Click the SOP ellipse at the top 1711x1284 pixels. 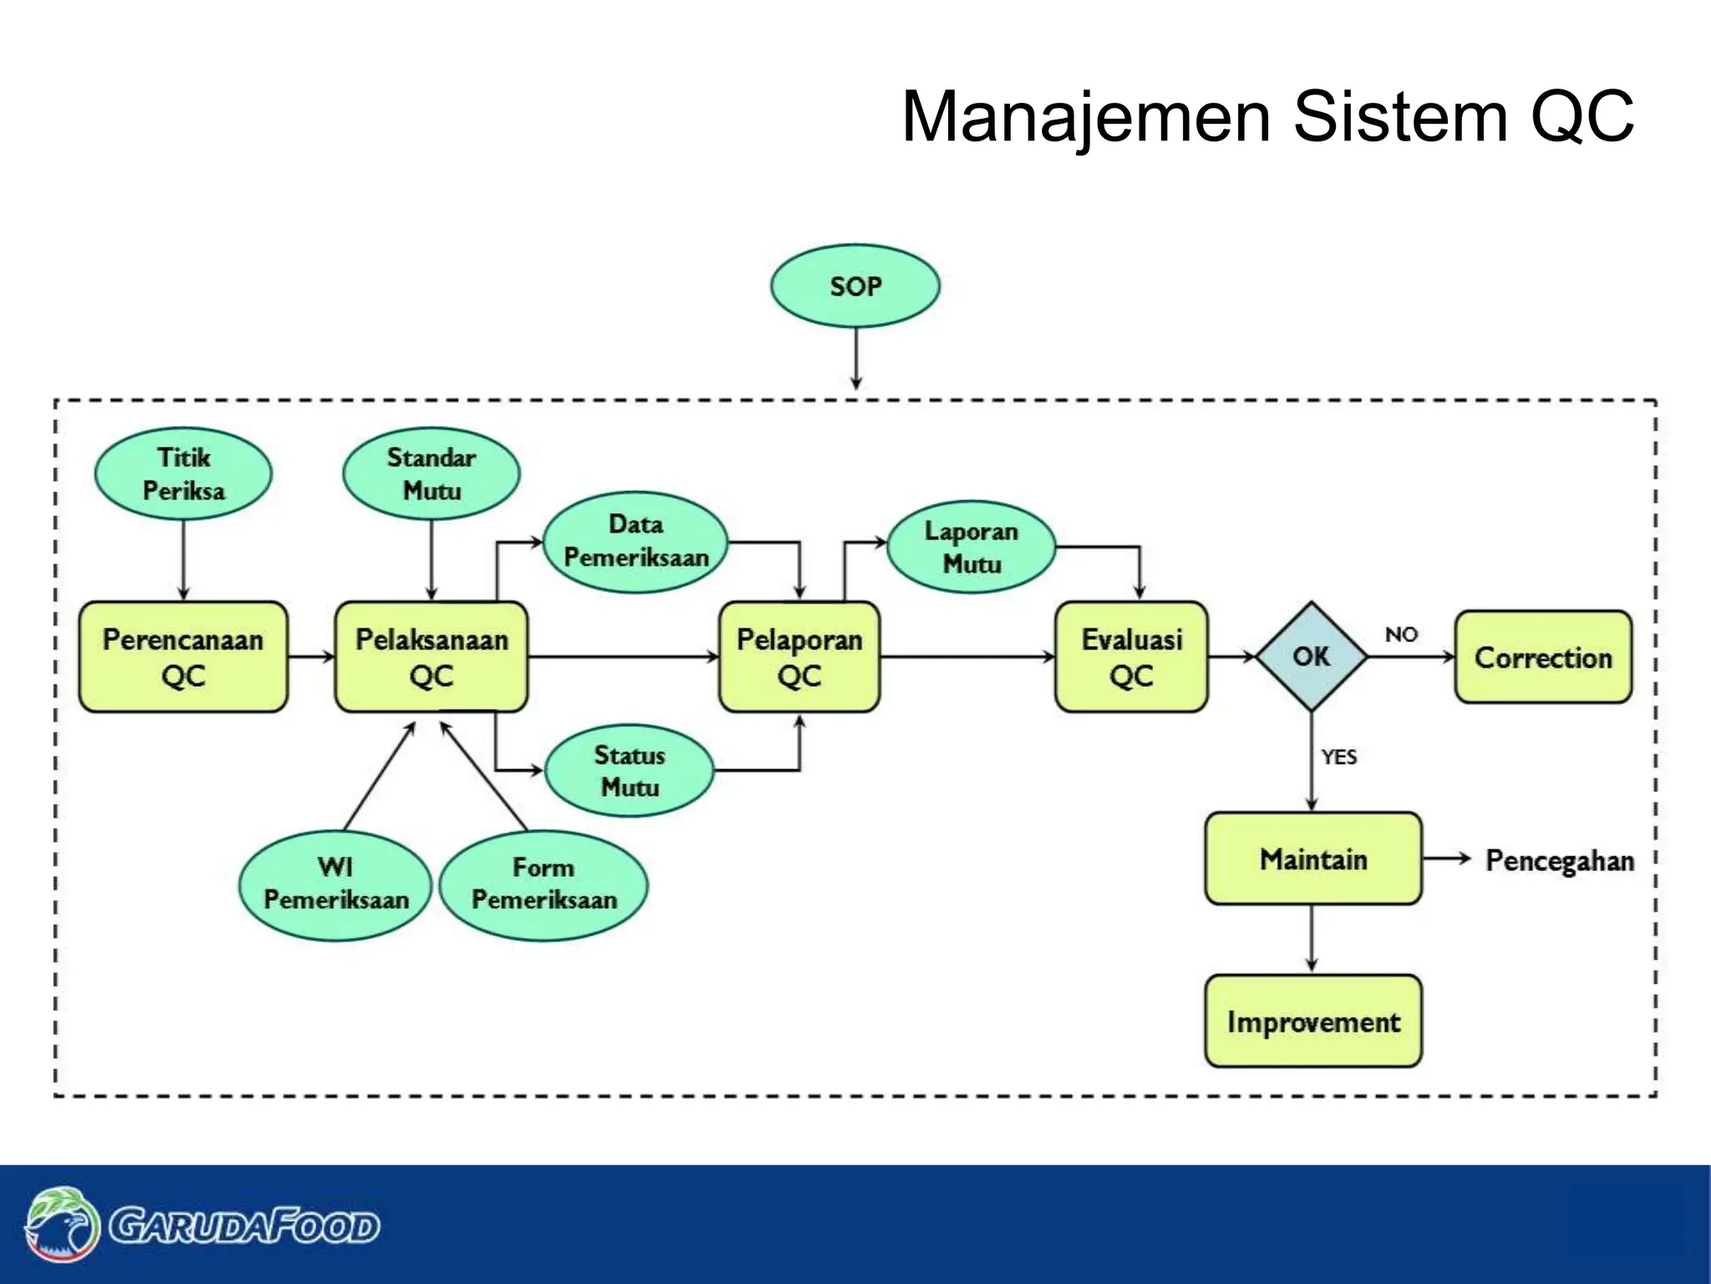[x=855, y=286]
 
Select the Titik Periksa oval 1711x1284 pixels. [x=183, y=474]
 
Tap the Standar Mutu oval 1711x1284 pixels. [x=431, y=474]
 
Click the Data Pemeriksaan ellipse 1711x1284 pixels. [x=636, y=542]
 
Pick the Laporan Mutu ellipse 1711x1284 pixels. [x=971, y=548]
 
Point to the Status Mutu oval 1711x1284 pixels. [x=629, y=771]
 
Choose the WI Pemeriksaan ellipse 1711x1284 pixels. [x=336, y=884]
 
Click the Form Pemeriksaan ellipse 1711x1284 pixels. [x=544, y=884]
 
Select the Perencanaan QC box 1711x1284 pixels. [x=183, y=657]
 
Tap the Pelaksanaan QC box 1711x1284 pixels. [x=431, y=657]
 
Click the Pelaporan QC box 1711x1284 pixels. [x=799, y=657]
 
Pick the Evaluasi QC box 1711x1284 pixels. [x=1131, y=657]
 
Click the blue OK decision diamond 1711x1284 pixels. [x=1311, y=657]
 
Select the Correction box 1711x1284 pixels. [x=1542, y=657]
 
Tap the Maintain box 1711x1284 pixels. [x=1312, y=859]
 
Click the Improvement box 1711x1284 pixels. [x=1312, y=1021]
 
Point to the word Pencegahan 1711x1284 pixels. [x=1559, y=860]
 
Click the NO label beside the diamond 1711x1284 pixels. [x=1401, y=634]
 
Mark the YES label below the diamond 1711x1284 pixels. [x=1338, y=757]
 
